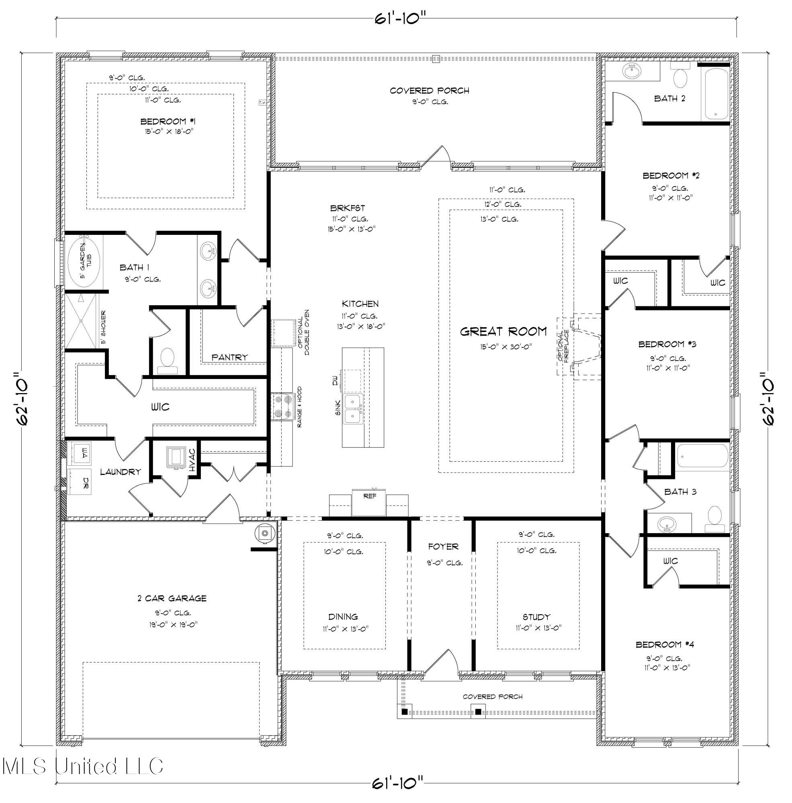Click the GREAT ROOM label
[503, 332]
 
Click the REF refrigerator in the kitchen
[369, 502]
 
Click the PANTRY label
[229, 357]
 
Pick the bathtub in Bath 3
[702, 456]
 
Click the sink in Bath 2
[633, 72]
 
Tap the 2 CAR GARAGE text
[172, 598]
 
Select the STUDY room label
[536, 617]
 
